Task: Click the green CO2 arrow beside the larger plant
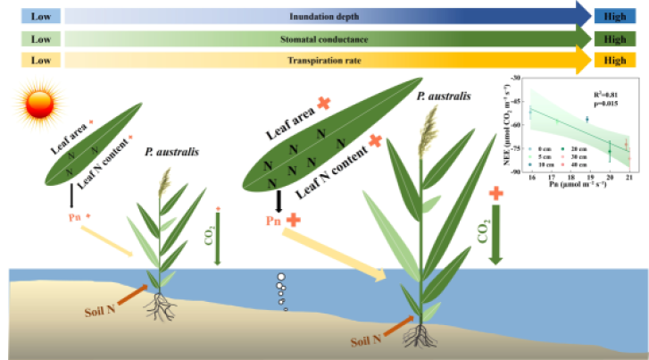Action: pyautogui.click(x=496, y=237)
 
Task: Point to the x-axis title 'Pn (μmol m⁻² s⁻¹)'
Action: pyautogui.click(x=580, y=185)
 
